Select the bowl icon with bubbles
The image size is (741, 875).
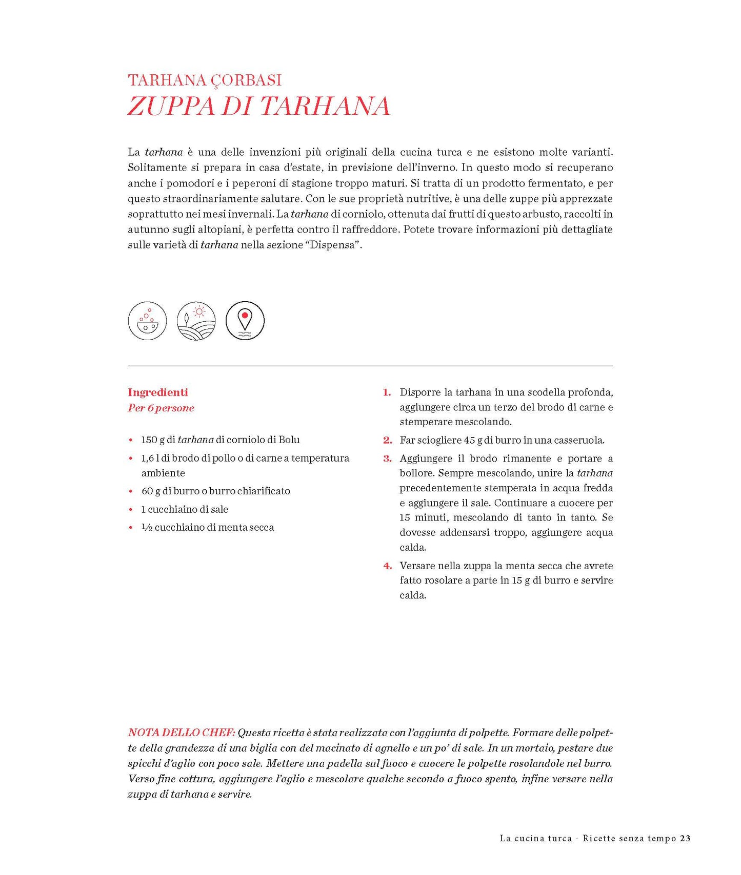click(x=147, y=321)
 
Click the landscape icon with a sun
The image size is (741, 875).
click(x=196, y=321)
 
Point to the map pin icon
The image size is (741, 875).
click(x=245, y=321)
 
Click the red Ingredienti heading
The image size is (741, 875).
click(x=158, y=392)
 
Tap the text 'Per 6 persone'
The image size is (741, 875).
click(x=161, y=408)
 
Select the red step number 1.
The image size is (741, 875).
click(x=387, y=392)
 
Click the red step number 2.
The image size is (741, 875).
click(x=387, y=440)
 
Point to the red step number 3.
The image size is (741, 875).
click(x=387, y=459)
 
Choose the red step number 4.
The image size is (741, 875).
click(x=387, y=566)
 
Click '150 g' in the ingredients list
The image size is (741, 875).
click(x=153, y=440)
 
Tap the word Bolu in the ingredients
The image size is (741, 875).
click(x=289, y=440)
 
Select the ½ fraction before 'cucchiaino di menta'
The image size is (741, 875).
click(x=147, y=528)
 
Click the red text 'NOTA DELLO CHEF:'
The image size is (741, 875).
click(x=182, y=733)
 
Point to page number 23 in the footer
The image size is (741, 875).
click(x=685, y=839)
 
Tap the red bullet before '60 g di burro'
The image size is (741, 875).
click(x=131, y=491)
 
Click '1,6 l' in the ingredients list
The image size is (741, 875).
click(x=150, y=459)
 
